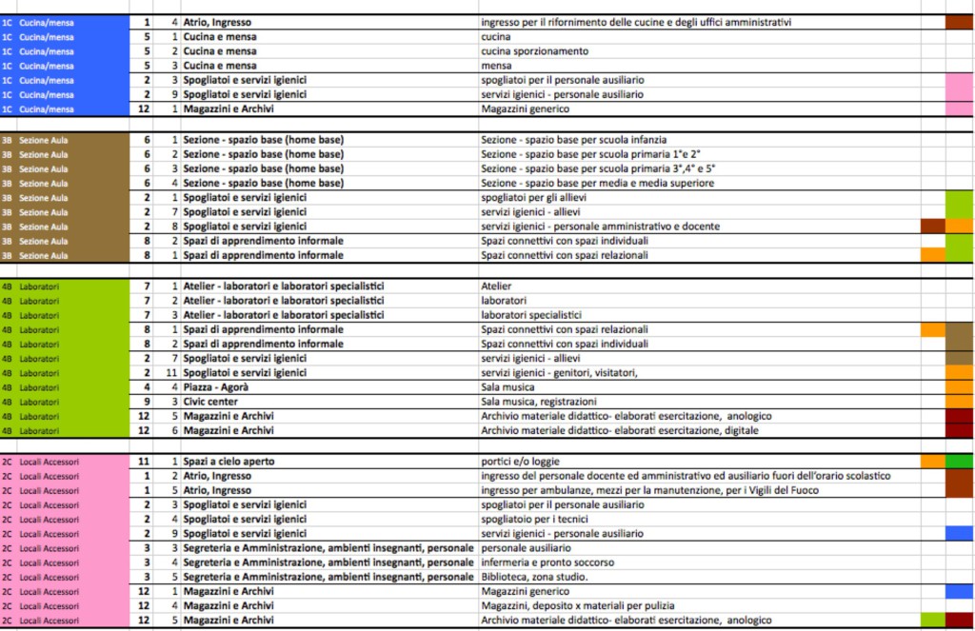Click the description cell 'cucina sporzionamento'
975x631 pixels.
click(x=534, y=51)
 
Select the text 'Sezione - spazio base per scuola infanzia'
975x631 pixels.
click(x=573, y=140)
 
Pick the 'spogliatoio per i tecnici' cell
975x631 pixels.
click(x=534, y=519)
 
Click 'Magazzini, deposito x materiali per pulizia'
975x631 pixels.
click(x=578, y=606)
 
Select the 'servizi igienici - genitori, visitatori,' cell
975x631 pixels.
click(x=560, y=373)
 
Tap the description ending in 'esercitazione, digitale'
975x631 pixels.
click(x=626, y=431)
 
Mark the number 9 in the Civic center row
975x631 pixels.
click(x=147, y=402)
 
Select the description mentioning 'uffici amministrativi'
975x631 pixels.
click(x=636, y=22)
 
